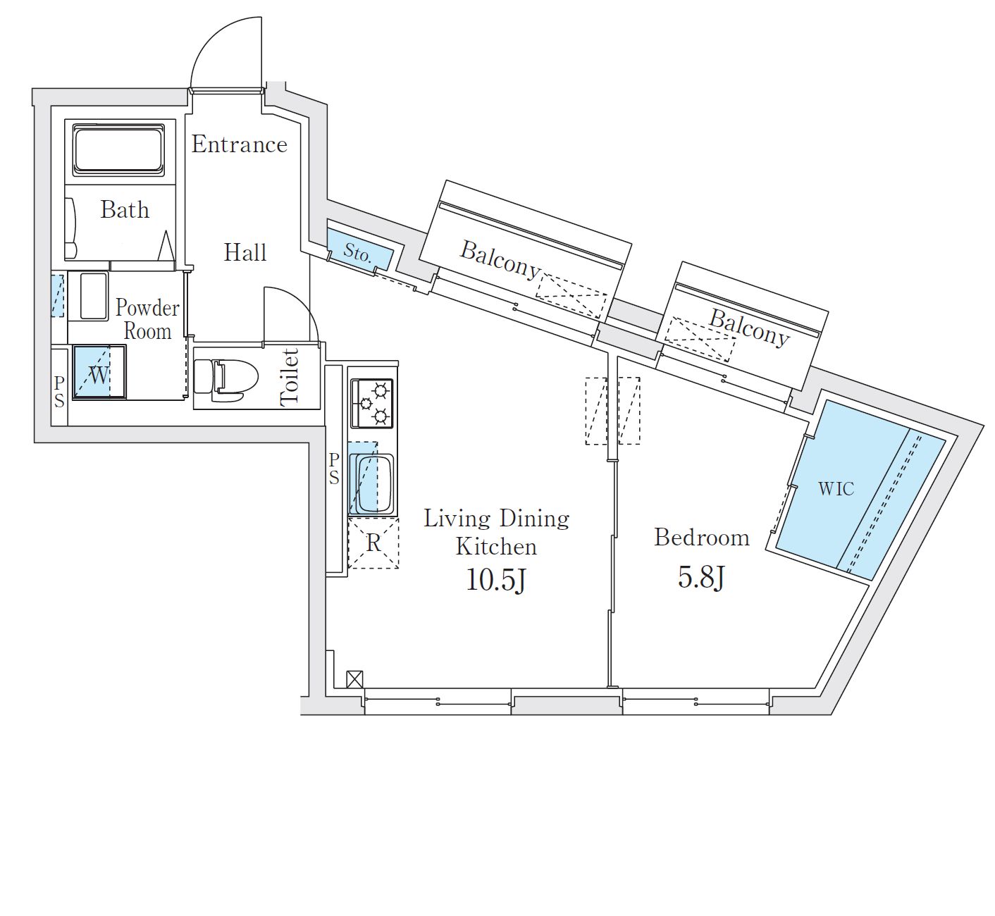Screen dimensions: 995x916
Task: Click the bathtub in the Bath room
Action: tap(118, 150)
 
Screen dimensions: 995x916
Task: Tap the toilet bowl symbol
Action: tap(226, 380)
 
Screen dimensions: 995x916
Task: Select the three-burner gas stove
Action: tap(371, 404)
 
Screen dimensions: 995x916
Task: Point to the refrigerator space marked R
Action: tap(373, 543)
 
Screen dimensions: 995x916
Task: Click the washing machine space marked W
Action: tap(99, 372)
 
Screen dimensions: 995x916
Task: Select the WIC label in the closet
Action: tap(836, 489)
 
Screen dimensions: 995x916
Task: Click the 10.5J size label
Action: tap(495, 580)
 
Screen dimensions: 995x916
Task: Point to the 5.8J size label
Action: tap(701, 577)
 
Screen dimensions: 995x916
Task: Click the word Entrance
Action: tap(239, 144)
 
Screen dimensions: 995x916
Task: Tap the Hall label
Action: tap(245, 252)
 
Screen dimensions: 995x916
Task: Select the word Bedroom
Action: tap(702, 537)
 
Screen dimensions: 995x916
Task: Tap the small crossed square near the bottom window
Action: tap(354, 679)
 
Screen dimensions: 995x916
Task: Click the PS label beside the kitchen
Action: tap(334, 469)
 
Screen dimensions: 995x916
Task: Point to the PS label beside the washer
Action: tap(59, 392)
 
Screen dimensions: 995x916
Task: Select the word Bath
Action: tap(125, 209)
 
